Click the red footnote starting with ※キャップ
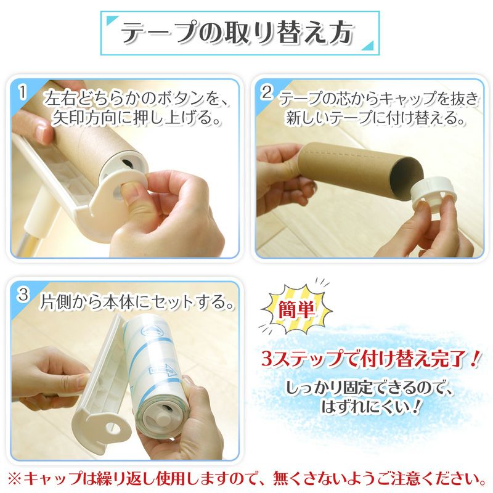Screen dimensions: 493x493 (246, 478)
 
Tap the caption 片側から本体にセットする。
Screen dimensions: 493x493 (136, 303)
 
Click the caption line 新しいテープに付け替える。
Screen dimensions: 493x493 (375, 117)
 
